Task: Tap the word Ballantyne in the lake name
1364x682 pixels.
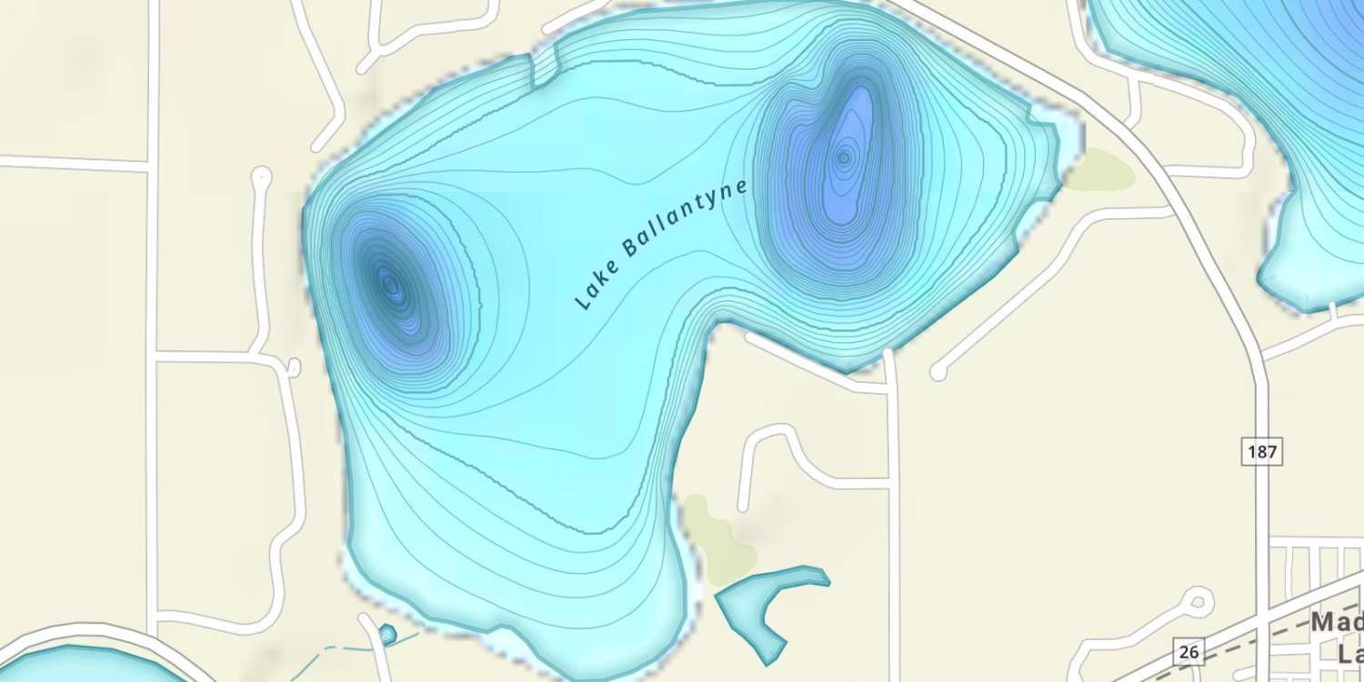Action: (x=686, y=219)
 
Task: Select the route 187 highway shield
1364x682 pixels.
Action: (x=1261, y=450)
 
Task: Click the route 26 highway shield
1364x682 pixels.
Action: (x=1188, y=651)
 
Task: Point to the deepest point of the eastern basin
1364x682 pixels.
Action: (x=844, y=158)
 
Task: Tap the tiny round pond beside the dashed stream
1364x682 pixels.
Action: (x=388, y=633)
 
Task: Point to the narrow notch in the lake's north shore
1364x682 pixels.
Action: (x=543, y=69)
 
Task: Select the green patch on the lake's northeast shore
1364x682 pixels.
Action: (x=1100, y=170)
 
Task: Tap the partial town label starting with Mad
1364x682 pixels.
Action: (x=1337, y=624)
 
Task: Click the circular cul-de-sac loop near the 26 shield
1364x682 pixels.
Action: (x=1197, y=601)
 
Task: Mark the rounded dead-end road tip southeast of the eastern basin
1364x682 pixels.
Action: (x=939, y=372)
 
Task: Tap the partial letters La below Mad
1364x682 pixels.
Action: (x=1350, y=653)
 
